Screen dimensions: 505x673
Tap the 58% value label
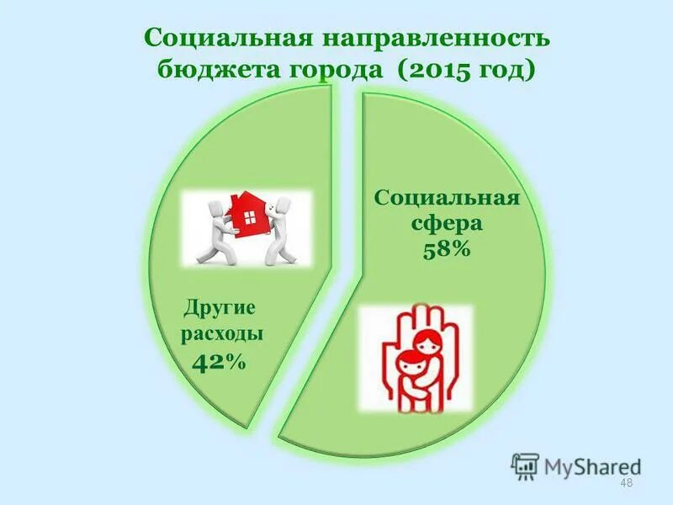446,250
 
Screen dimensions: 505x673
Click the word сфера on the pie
446,225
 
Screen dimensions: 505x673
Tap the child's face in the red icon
408,367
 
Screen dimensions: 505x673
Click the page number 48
625,483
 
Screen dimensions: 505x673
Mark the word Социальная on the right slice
447,199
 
